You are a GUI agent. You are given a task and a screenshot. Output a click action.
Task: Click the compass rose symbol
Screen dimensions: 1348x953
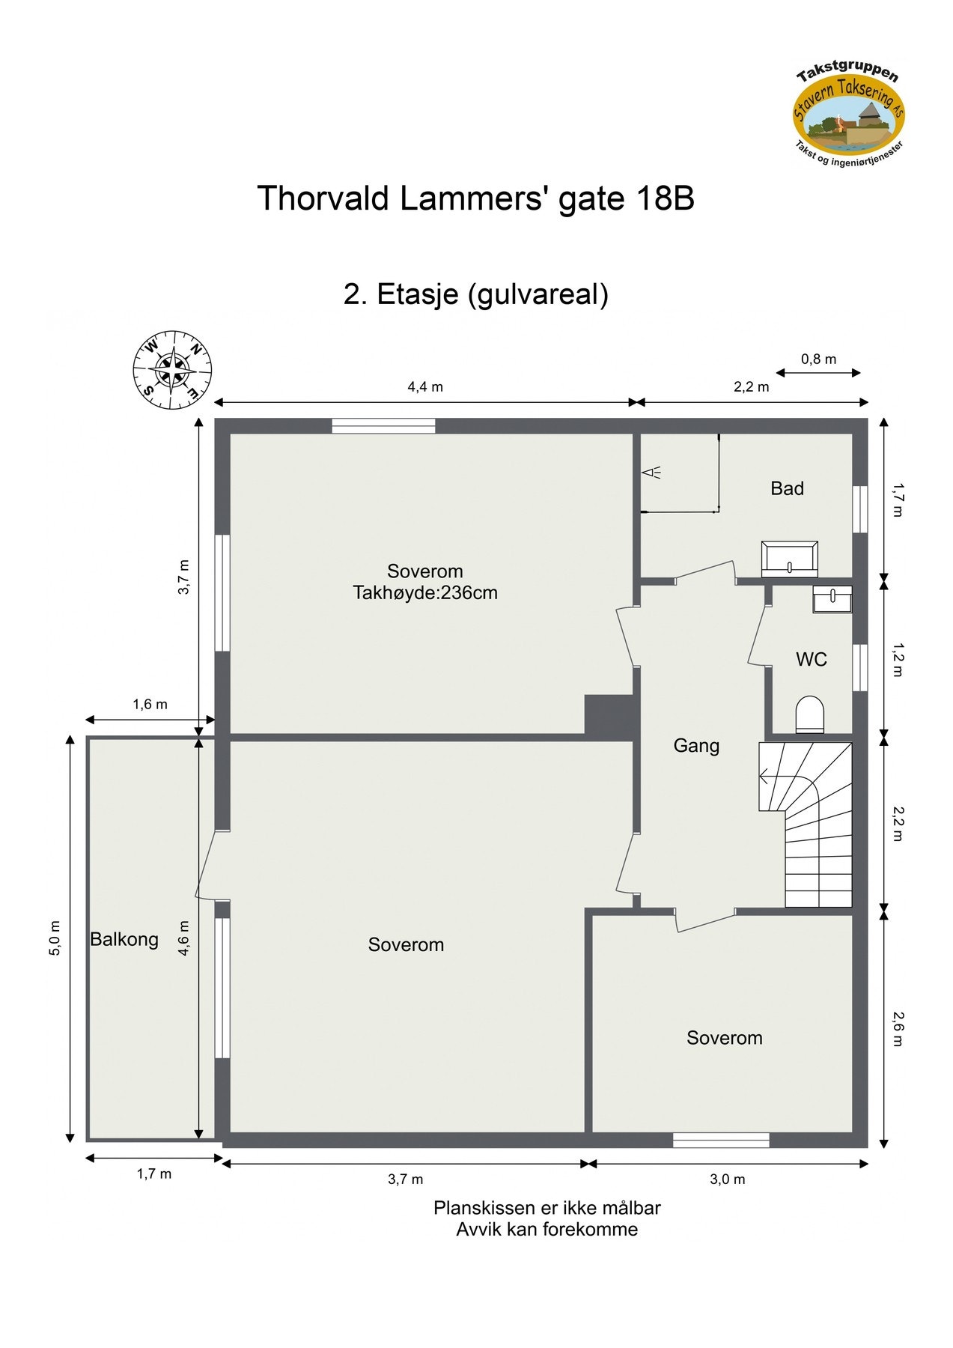(x=172, y=371)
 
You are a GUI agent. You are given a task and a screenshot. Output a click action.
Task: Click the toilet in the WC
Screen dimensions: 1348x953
(x=809, y=714)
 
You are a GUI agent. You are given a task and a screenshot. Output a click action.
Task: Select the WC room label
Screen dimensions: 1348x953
(x=811, y=659)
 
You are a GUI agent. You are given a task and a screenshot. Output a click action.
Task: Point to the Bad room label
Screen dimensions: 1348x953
(x=787, y=488)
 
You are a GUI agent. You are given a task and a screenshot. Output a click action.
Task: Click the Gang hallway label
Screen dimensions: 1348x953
(x=696, y=745)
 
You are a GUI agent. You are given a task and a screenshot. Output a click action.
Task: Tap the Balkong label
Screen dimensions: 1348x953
(x=124, y=939)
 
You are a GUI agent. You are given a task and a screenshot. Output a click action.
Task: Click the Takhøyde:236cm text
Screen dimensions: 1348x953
(x=425, y=593)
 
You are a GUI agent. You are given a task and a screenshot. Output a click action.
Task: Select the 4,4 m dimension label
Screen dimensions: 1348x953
(x=425, y=387)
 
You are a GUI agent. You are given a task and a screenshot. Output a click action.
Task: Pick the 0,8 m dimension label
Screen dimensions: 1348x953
(x=818, y=359)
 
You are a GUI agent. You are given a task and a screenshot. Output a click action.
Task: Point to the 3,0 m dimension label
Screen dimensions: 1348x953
(x=727, y=1179)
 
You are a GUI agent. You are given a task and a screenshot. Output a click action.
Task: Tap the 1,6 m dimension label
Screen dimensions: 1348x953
(x=150, y=705)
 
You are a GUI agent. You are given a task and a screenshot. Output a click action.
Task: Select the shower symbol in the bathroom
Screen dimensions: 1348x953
(x=651, y=473)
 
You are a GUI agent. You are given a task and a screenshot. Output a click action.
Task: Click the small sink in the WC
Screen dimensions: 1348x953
(x=832, y=599)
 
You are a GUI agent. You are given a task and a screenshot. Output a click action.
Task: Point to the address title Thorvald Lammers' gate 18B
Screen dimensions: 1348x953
(x=475, y=198)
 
